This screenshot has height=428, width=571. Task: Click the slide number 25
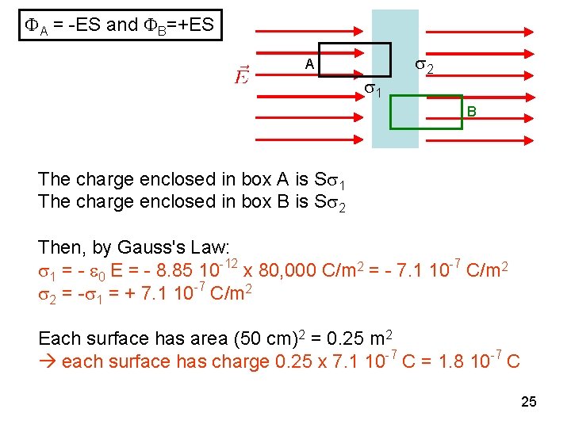click(x=529, y=402)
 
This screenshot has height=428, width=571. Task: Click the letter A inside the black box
click(x=310, y=64)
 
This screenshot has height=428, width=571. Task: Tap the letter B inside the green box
click(x=471, y=113)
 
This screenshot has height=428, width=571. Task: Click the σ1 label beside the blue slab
click(x=373, y=90)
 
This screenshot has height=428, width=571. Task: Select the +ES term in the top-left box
click(x=191, y=25)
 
